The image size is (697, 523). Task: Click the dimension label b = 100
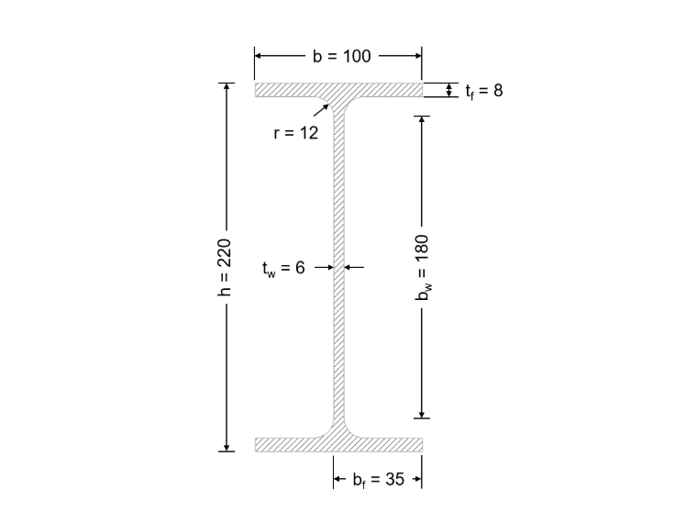[341, 56]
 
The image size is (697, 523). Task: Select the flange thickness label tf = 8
[484, 91]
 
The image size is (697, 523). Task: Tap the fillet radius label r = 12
[296, 132]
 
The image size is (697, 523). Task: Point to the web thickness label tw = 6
[283, 268]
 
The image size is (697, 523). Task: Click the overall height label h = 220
[226, 267]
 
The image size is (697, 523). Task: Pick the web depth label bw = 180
[423, 267]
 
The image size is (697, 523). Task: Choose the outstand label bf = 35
[379, 479]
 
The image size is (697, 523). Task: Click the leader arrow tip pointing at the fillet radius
[328, 105]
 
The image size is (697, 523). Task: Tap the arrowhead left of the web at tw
[330, 267]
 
